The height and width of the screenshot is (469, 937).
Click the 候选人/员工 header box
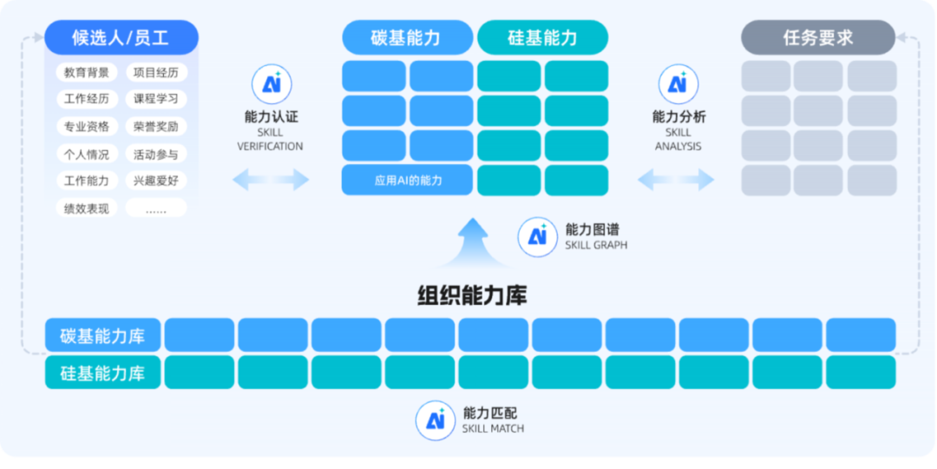click(x=121, y=37)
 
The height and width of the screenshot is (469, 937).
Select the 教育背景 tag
click(x=87, y=73)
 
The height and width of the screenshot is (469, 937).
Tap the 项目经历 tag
click(x=156, y=73)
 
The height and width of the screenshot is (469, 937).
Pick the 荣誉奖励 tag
click(x=156, y=126)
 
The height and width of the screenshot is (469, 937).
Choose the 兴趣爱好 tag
click(x=156, y=180)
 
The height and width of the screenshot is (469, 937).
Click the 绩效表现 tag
click(x=87, y=208)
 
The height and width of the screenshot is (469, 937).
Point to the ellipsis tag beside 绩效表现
click(x=156, y=208)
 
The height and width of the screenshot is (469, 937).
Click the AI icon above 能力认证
click(x=272, y=84)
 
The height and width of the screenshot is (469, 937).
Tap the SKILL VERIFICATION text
click(x=270, y=139)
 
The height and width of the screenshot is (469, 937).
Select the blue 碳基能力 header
click(x=408, y=37)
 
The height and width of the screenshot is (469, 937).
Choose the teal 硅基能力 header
click(x=542, y=37)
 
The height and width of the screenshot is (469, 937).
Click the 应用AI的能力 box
click(x=408, y=180)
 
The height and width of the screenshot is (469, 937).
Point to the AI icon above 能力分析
click(x=678, y=84)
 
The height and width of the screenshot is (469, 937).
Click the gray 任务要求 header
click(x=818, y=37)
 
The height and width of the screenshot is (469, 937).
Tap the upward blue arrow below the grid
click(x=474, y=243)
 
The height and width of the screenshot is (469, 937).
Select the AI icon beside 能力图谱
click(x=537, y=237)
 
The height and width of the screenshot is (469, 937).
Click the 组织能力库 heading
click(x=472, y=295)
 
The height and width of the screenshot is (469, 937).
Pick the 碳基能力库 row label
click(x=102, y=335)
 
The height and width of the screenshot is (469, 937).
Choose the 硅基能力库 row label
click(x=102, y=372)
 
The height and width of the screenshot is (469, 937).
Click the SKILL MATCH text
click(x=493, y=428)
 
